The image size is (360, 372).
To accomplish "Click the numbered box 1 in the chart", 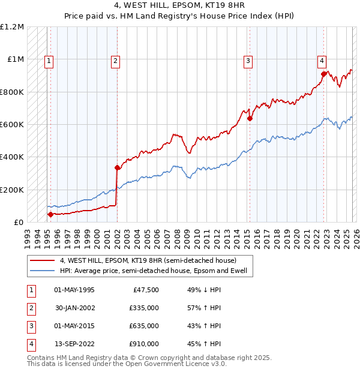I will pos(48,60).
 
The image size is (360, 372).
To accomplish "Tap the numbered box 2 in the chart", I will pos(115,60).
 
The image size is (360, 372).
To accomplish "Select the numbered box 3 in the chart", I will pos(247,60).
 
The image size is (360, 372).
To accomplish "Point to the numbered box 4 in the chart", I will pos(322,60).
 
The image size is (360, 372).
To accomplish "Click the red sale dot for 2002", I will pos(117,168).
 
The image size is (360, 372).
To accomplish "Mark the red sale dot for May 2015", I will pos(250,119).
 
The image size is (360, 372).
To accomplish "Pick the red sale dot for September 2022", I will pos(323,74).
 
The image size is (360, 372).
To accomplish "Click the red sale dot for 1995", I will pos(50,214).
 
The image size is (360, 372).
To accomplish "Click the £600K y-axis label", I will pos(12,125).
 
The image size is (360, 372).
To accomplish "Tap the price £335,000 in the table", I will pos(143,308).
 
